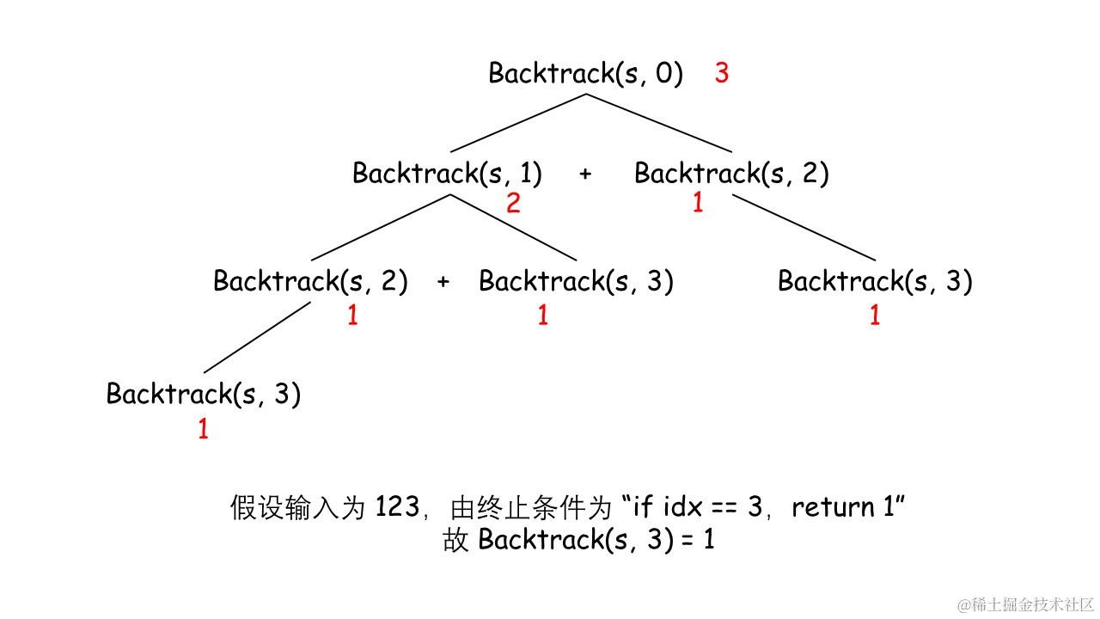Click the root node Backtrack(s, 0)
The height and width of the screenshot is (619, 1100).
click(x=585, y=74)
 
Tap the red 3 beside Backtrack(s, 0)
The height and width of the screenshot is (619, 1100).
click(x=722, y=74)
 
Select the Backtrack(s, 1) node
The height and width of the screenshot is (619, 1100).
click(x=447, y=174)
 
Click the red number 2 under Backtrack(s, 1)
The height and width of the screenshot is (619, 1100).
click(x=513, y=204)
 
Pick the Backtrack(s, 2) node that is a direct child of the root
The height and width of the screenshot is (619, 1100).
click(x=731, y=174)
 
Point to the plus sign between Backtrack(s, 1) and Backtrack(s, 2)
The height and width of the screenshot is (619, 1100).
click(x=585, y=175)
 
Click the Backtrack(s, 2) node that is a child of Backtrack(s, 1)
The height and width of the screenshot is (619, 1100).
click(x=310, y=281)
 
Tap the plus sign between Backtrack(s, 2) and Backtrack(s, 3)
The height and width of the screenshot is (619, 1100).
click(x=443, y=282)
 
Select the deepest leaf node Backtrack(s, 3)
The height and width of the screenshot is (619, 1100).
click(x=204, y=395)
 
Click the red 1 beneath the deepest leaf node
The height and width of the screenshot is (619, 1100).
click(x=204, y=429)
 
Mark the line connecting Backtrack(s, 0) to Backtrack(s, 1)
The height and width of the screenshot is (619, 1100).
click(x=518, y=123)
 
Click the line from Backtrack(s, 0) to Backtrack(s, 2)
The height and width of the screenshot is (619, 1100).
click(x=658, y=123)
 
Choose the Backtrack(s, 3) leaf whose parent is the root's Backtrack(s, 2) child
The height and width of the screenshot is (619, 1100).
click(x=875, y=281)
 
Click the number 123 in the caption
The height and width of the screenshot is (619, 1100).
click(x=396, y=507)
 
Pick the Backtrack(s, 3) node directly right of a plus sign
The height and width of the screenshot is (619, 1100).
click(x=576, y=281)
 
